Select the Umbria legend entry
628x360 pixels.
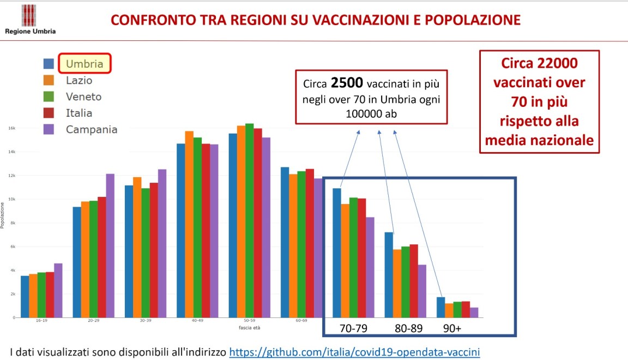pyautogui.click(x=84, y=63)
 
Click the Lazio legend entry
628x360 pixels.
pyautogui.click(x=79, y=80)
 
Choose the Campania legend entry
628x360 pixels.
pyautogui.click(x=91, y=129)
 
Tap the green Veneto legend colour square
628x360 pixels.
pyautogui.click(x=49, y=97)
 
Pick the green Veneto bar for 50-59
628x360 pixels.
pyautogui.click(x=249, y=220)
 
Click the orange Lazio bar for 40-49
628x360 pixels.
pyautogui.click(x=189, y=224)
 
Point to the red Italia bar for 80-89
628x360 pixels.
pyautogui.click(x=413, y=281)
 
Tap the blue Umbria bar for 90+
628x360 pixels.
pyautogui.click(x=440, y=307)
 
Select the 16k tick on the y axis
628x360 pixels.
pyautogui.click(x=11, y=128)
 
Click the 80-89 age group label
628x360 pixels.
pyautogui.click(x=408, y=329)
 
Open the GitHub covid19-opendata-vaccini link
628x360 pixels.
pyautogui.click(x=354, y=352)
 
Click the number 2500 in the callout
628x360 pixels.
pyautogui.click(x=347, y=84)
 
